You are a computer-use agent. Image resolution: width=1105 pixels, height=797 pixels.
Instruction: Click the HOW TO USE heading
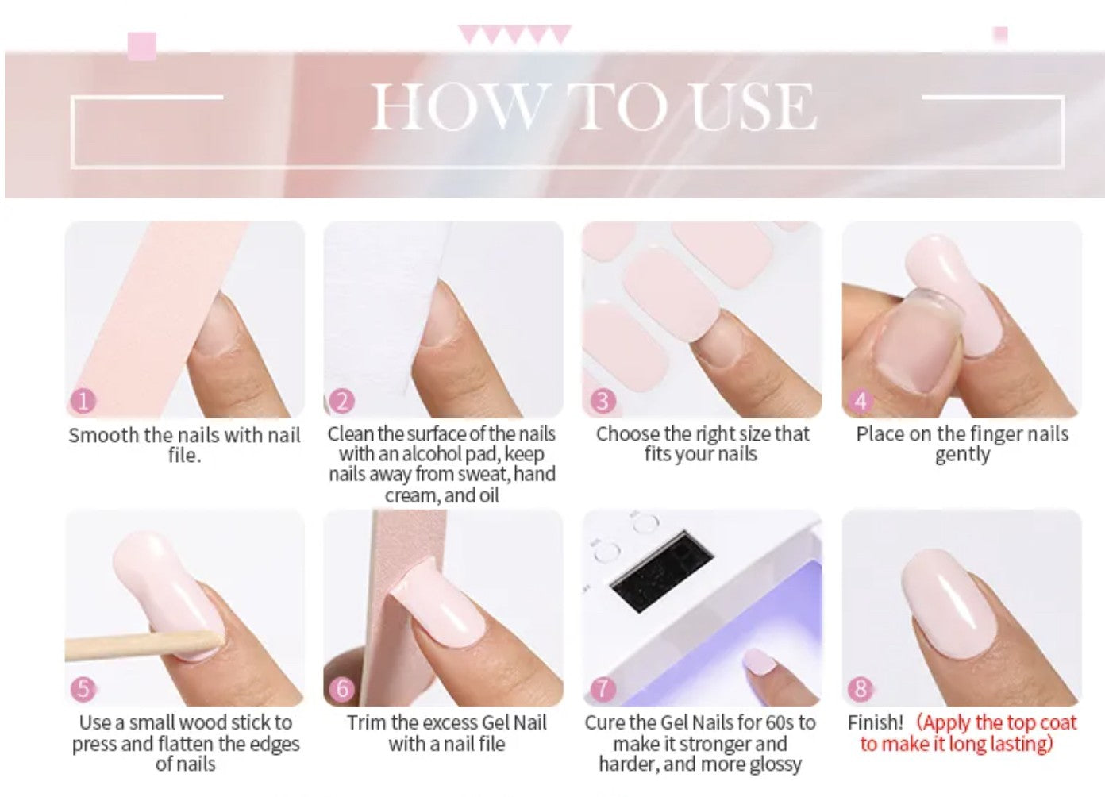[x=593, y=106]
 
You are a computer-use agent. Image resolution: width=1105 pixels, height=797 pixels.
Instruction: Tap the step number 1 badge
[x=83, y=401]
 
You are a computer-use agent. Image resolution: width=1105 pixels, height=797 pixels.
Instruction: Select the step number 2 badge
[x=342, y=401]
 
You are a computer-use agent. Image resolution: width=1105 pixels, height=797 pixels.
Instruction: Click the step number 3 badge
[x=602, y=401]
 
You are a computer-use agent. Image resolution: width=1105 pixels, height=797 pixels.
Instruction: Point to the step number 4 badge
[x=861, y=401]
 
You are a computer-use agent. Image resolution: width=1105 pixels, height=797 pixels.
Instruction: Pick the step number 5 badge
[x=83, y=688]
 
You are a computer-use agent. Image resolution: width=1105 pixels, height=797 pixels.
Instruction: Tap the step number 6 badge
[x=342, y=688]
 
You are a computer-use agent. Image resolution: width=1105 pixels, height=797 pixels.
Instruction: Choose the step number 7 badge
[x=602, y=688]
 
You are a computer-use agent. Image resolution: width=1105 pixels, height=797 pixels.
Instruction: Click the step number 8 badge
[x=861, y=688]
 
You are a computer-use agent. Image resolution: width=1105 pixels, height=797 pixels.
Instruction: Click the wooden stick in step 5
[x=135, y=645]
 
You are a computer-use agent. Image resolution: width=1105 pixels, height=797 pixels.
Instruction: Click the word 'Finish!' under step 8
[x=875, y=722]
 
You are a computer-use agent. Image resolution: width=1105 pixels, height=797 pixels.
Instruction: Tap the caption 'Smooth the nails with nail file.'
[x=184, y=445]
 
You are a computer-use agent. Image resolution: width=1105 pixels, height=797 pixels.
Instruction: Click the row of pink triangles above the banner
[x=514, y=35]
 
